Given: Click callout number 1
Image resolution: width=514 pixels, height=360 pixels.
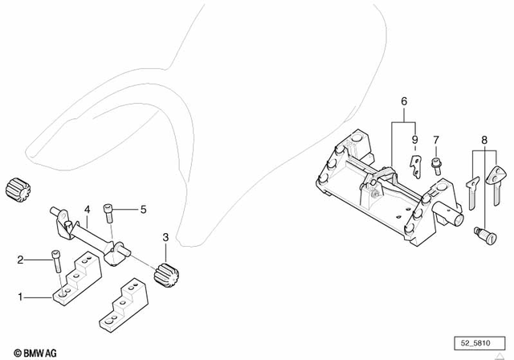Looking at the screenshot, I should click(x=21, y=297).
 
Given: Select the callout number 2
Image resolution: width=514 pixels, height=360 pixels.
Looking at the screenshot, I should click(x=21, y=259).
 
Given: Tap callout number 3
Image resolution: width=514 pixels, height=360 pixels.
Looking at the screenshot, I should click(x=165, y=238).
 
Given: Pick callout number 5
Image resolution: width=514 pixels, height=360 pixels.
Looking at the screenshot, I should click(x=143, y=210).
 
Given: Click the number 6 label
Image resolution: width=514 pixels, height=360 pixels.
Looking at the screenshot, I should click(x=404, y=101).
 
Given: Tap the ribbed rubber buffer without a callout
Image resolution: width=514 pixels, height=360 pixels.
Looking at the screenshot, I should click(x=16, y=188).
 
